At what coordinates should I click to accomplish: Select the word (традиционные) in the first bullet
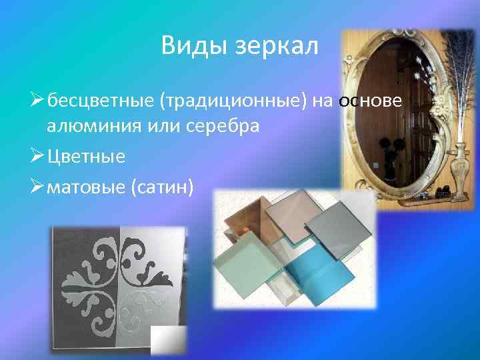(233, 101)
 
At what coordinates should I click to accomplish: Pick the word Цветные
(86, 157)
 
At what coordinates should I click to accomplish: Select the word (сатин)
(164, 188)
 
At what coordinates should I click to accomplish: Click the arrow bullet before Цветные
(37, 157)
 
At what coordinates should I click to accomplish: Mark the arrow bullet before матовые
(37, 188)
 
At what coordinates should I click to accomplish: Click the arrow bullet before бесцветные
(37, 101)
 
